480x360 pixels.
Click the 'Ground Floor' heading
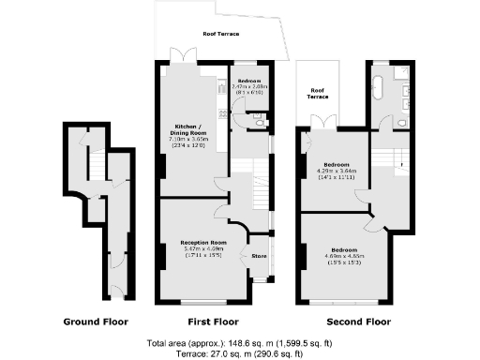95,322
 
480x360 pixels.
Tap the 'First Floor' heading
212,322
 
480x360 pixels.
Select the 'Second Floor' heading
352,322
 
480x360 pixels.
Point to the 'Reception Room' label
203,242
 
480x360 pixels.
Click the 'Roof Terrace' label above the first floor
221,34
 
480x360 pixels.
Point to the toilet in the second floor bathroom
400,122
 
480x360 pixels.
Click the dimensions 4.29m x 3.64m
335,172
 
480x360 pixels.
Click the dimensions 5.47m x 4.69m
203,248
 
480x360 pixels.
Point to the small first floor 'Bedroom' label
247,82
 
